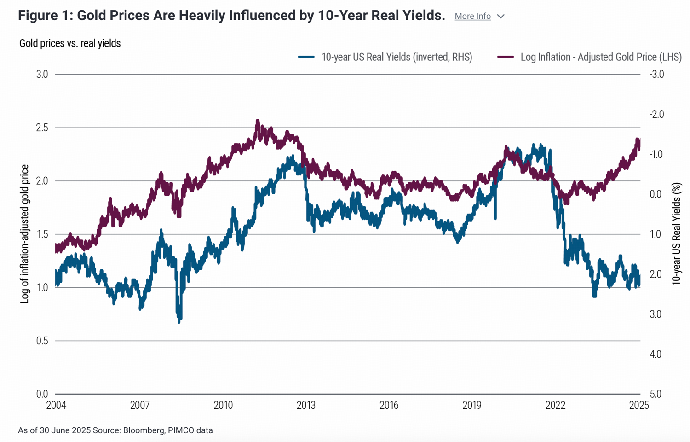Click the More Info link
click(472, 16)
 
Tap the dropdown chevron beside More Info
click(501, 17)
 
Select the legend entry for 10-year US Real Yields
click(396, 57)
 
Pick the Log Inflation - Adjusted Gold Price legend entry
click(600, 57)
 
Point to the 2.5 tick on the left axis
click(42, 128)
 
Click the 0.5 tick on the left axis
click(42, 341)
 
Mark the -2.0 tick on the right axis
click(656, 114)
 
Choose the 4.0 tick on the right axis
click(655, 354)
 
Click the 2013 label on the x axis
click(306, 405)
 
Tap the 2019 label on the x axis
click(472, 405)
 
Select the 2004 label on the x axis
click(56, 405)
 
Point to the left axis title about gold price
click(25, 234)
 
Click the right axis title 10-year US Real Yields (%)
click(676, 234)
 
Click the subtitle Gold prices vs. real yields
click(70, 43)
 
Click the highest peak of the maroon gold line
click(258, 121)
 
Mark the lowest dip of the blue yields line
click(179, 321)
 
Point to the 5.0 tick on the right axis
click(655, 394)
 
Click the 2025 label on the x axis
click(639, 405)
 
